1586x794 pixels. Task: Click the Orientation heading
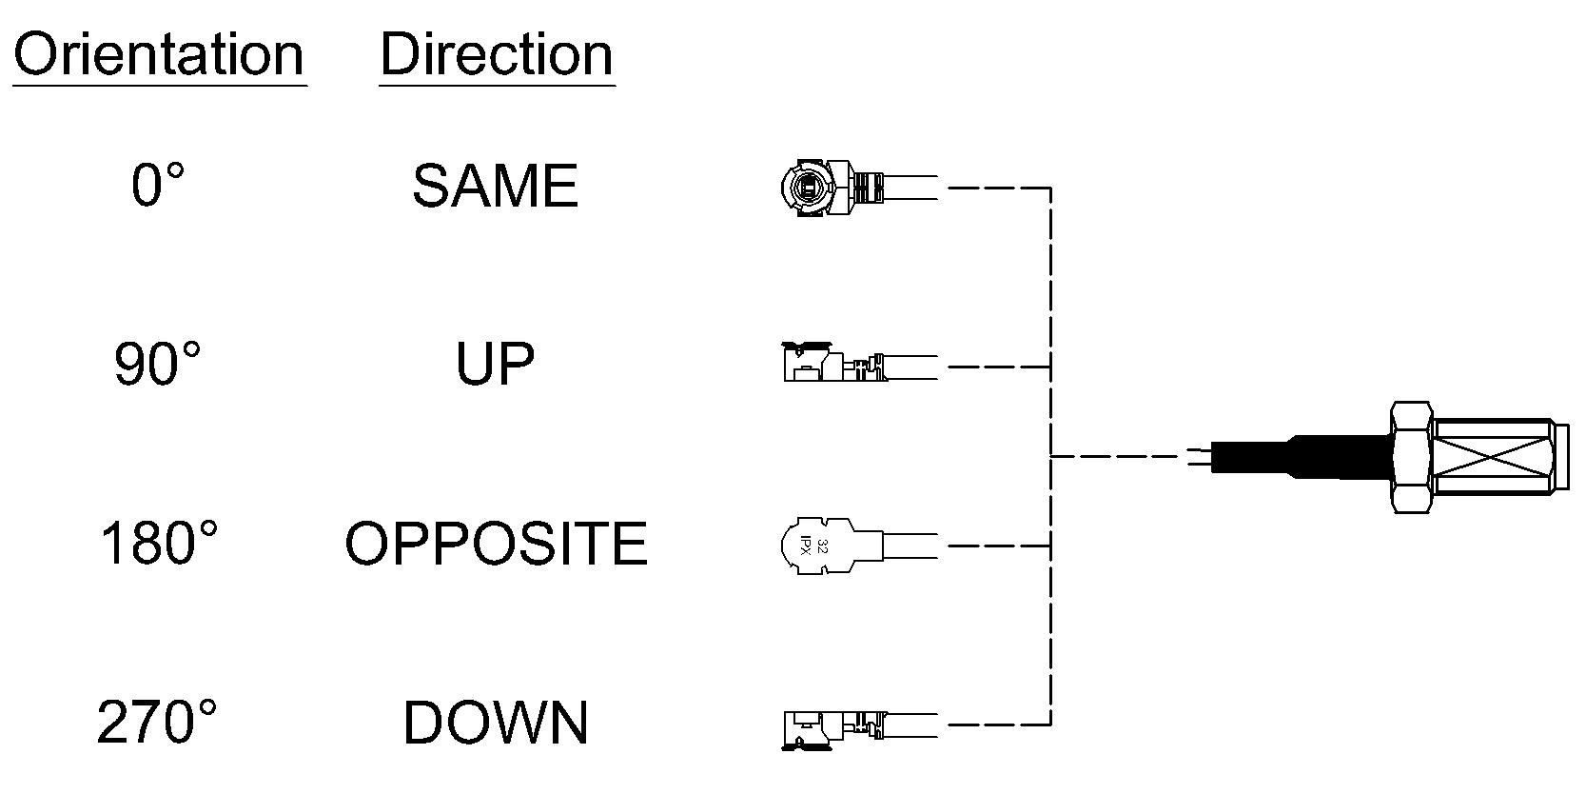(x=159, y=54)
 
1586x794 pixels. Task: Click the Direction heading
(x=497, y=54)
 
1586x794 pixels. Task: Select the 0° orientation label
(x=158, y=185)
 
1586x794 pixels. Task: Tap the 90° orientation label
(x=157, y=364)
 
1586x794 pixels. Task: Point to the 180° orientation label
(x=159, y=544)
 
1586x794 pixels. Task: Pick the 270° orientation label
(x=156, y=723)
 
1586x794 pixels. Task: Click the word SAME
(x=496, y=186)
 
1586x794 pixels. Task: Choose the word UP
(x=495, y=364)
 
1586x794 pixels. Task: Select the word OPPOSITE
(x=497, y=544)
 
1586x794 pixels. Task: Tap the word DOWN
(x=496, y=723)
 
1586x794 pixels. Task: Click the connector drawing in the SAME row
(x=859, y=188)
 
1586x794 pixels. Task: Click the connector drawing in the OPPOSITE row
(x=859, y=546)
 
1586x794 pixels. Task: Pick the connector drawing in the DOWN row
(x=859, y=729)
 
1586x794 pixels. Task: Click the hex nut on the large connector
(x=1410, y=457)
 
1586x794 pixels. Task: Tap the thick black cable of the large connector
(x=1300, y=457)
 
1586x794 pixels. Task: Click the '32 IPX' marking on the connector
(x=813, y=546)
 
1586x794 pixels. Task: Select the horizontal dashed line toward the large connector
(x=1119, y=457)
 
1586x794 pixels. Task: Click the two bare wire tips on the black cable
(x=1200, y=457)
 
